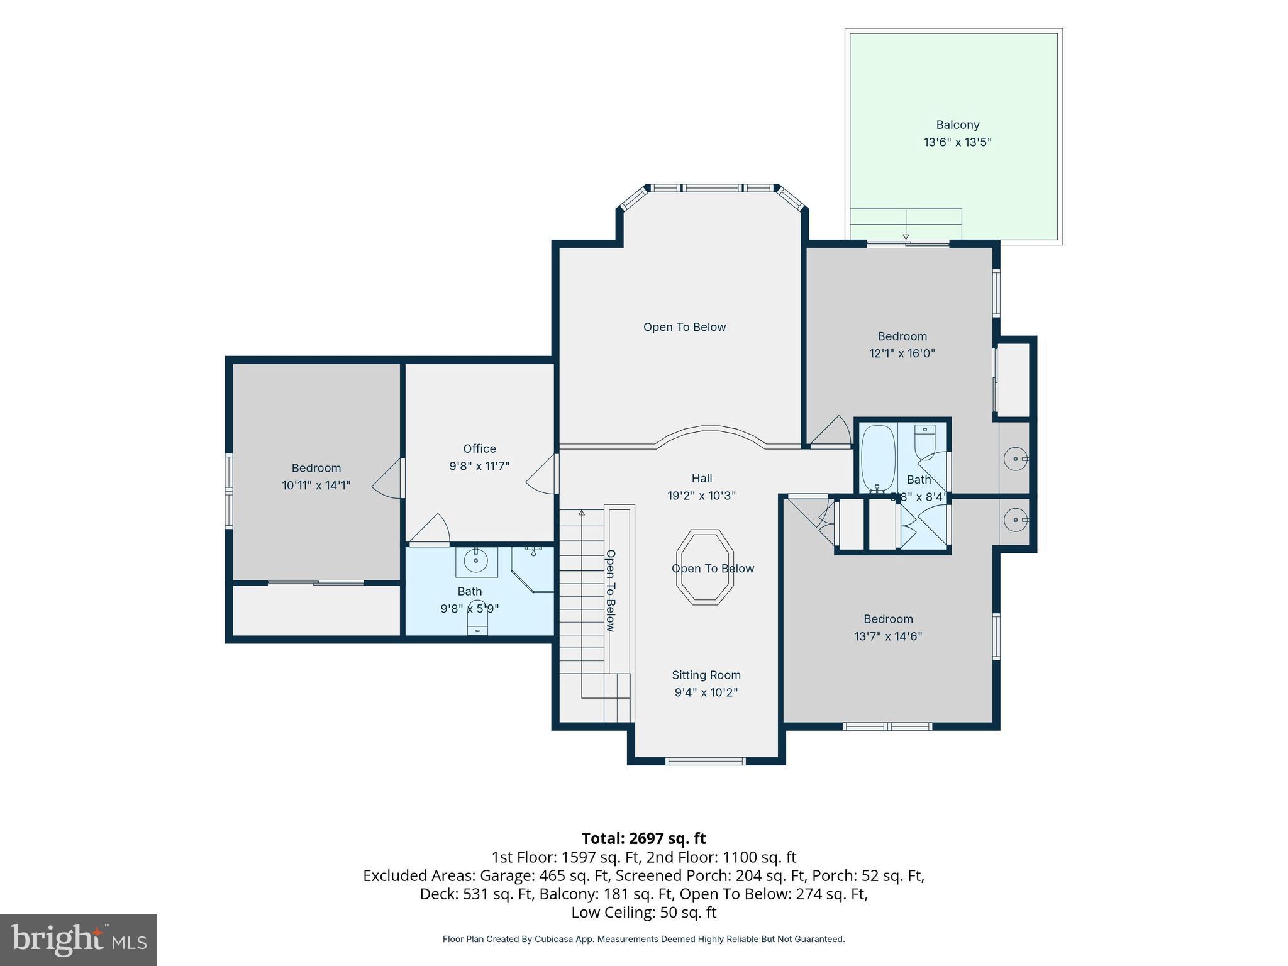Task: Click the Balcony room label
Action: (x=957, y=125)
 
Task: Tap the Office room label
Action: (x=479, y=448)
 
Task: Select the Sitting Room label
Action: (x=706, y=675)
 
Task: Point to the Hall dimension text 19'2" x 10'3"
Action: (x=701, y=496)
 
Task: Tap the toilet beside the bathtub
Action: (x=924, y=441)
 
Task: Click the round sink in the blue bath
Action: (x=476, y=560)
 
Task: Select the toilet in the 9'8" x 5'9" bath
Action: (x=478, y=618)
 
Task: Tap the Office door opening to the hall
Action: (x=542, y=474)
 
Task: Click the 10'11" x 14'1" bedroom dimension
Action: (x=316, y=486)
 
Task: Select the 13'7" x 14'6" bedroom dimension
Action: (x=888, y=636)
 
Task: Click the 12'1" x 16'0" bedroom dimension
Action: (x=902, y=353)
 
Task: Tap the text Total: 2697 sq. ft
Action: (x=643, y=838)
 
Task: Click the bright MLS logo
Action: (x=79, y=940)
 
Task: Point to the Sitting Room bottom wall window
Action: (x=706, y=761)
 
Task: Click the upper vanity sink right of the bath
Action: (x=1014, y=459)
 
